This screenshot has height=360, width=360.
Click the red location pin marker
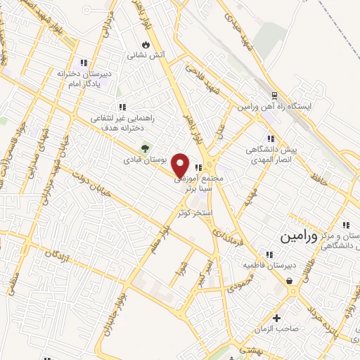point(181,165)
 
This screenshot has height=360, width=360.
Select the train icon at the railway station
point(274,96)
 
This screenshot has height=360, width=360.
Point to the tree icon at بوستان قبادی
point(144,148)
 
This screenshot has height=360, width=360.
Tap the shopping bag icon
point(289,281)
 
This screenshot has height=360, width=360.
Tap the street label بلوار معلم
point(157,236)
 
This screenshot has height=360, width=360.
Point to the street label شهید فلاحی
point(200,78)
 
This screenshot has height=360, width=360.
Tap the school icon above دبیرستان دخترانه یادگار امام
point(84,63)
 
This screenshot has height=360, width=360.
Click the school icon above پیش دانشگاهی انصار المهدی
point(270,139)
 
